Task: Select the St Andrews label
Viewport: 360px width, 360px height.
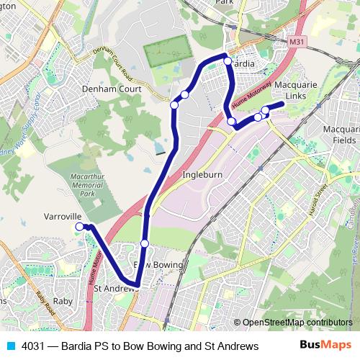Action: [115, 289]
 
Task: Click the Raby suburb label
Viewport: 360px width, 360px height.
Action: [63, 301]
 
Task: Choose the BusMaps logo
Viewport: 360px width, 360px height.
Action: [325, 346]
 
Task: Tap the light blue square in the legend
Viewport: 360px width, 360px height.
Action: [9, 346]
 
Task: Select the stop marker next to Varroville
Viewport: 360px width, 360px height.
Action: [79, 227]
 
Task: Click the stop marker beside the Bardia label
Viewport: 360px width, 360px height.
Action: [228, 61]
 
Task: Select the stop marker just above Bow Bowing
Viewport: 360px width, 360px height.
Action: [145, 243]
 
